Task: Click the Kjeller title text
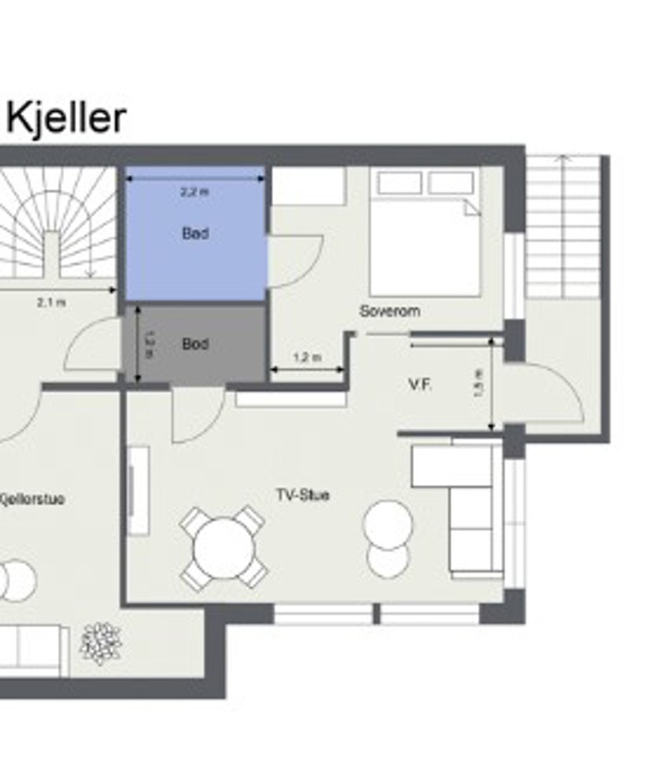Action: click(x=66, y=118)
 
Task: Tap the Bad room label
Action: click(x=195, y=234)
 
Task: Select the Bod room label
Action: click(x=195, y=344)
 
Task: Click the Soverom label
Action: click(x=390, y=311)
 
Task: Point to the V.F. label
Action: click(x=420, y=386)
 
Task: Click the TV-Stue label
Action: click(x=302, y=495)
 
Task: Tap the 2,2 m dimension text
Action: click(x=195, y=191)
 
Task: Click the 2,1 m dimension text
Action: click(x=51, y=301)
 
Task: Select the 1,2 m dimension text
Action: click(x=307, y=357)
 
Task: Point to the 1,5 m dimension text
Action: click(x=481, y=383)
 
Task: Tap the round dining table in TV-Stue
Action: click(x=224, y=547)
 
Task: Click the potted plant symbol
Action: click(x=100, y=642)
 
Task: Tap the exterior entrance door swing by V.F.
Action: click(x=551, y=393)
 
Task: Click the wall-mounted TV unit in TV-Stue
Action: click(x=139, y=491)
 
